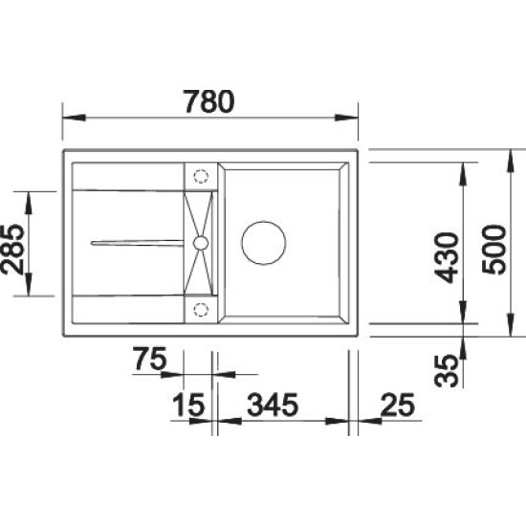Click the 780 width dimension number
(209, 101)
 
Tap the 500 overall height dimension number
(493, 250)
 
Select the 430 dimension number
(447, 257)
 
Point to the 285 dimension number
(12, 250)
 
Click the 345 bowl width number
(273, 405)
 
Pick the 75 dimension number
(150, 359)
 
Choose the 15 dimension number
(188, 405)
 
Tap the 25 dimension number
(398, 405)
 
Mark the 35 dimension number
(447, 371)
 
